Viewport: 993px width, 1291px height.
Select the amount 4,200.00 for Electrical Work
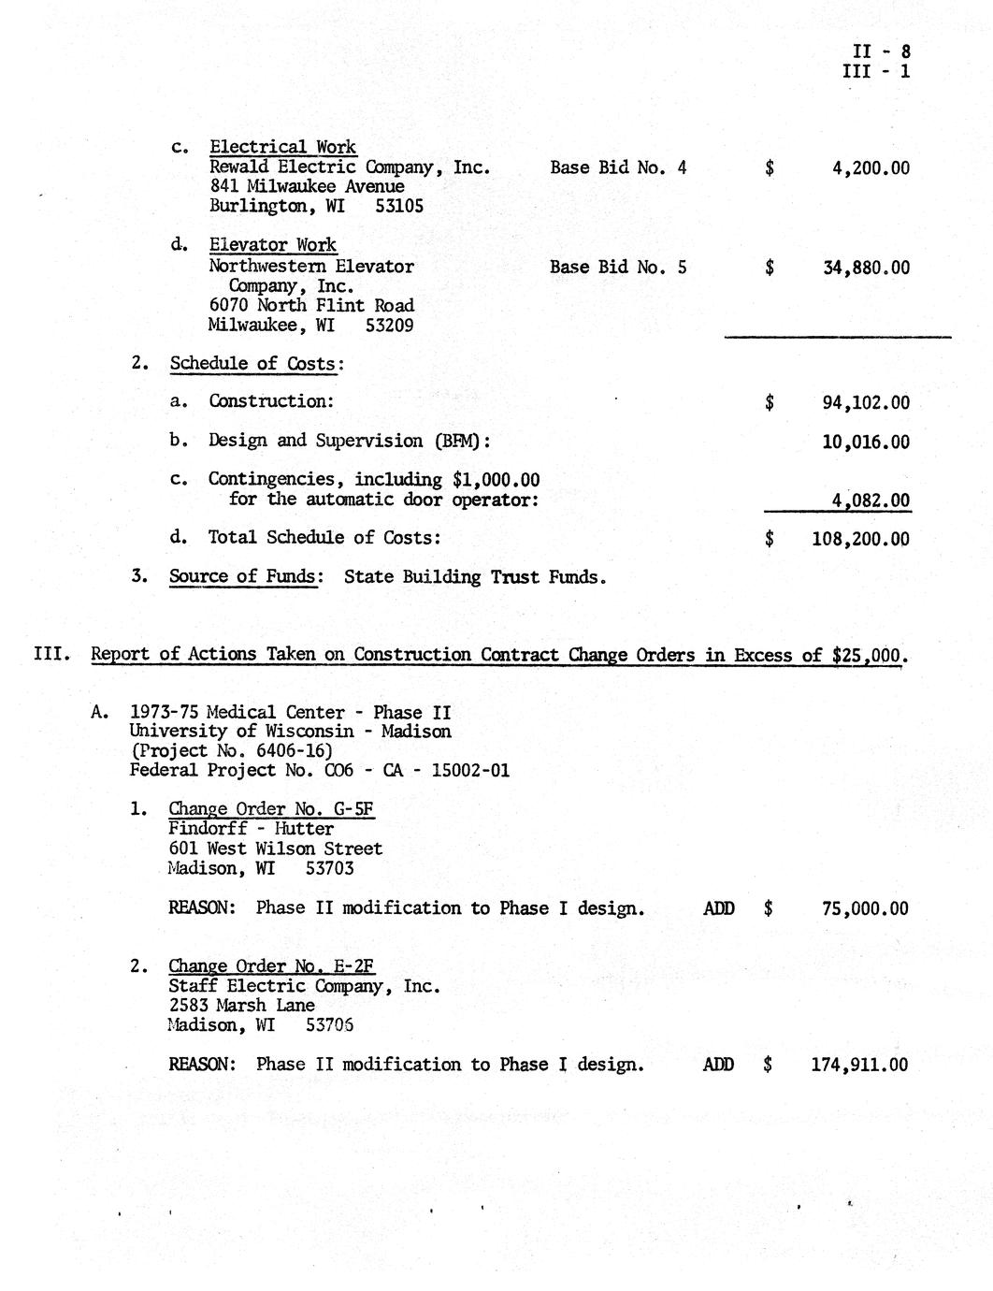[871, 169]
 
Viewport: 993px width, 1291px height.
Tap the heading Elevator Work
[272, 245]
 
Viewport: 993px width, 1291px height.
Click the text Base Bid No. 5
[618, 268]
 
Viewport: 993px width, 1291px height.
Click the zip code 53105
[399, 206]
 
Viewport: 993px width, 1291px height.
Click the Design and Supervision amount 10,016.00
[866, 442]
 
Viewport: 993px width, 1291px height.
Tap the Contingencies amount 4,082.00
[871, 501]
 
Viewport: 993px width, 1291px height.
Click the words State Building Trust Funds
[475, 577]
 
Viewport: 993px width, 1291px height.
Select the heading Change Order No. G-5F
[272, 809]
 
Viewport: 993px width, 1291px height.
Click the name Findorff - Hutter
[252, 829]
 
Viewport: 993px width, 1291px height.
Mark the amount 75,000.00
[865, 908]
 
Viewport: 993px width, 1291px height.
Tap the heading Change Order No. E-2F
[272, 966]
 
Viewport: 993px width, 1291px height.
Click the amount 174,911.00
[860, 1065]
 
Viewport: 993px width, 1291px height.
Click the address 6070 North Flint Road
[311, 306]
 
